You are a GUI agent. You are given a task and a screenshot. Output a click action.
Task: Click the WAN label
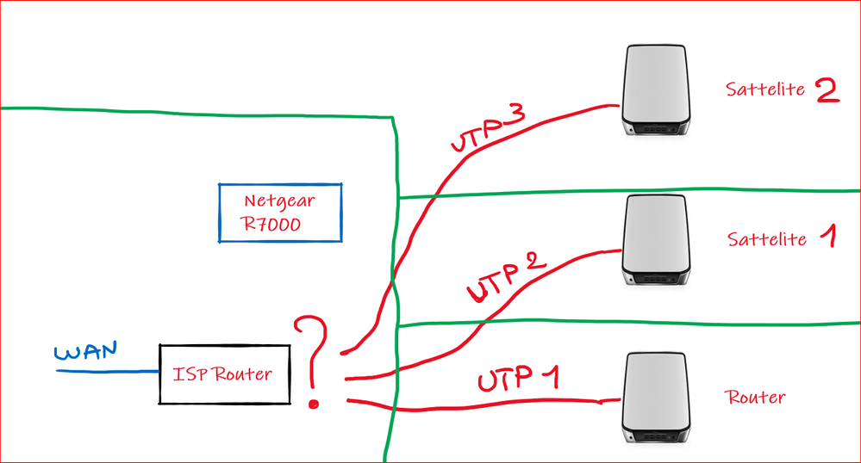pyautogui.click(x=85, y=353)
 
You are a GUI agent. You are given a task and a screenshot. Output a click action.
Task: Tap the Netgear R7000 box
pyautogui.click(x=279, y=213)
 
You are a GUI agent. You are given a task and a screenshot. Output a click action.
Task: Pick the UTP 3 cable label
pyautogui.click(x=489, y=132)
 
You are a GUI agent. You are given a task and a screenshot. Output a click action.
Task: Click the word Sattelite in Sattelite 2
pyautogui.click(x=764, y=90)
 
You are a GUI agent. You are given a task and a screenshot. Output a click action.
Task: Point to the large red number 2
pyautogui.click(x=826, y=90)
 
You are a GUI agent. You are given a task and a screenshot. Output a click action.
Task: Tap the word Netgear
pyautogui.click(x=278, y=201)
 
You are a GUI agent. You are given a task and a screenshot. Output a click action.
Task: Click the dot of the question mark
pyautogui.click(x=313, y=402)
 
